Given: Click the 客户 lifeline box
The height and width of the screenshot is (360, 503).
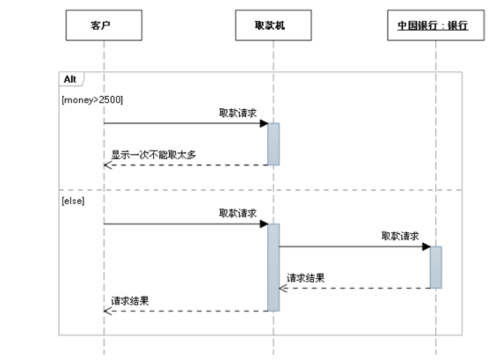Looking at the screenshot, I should (104, 26).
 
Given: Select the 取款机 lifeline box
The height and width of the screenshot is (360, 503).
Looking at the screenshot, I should (273, 26).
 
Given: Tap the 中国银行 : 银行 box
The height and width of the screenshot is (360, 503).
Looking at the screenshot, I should (435, 26).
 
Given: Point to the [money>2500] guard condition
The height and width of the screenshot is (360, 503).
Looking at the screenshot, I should (93, 100).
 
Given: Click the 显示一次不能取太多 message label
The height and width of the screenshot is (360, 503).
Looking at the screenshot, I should (153, 155).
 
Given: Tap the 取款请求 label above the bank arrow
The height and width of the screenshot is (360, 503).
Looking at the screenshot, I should (400, 236).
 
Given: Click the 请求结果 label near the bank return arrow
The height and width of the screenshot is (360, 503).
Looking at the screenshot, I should (306, 278).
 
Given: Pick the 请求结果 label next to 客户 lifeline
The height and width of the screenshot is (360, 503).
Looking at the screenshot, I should (130, 301).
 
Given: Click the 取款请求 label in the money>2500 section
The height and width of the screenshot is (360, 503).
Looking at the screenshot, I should (238, 113).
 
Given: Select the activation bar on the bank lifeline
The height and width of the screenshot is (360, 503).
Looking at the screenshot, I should (436, 267).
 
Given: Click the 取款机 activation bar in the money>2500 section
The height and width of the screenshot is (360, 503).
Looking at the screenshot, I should (273, 144).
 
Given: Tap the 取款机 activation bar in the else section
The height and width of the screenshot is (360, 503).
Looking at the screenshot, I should (273, 267).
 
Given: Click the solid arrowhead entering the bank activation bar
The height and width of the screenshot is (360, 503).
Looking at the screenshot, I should (426, 246).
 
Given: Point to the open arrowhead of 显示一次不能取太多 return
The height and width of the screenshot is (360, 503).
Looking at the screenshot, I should (108, 165).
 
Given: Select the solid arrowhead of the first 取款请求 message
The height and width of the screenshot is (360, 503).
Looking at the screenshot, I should (264, 123).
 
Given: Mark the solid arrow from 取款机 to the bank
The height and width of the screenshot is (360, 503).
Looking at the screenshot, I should (352, 246).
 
